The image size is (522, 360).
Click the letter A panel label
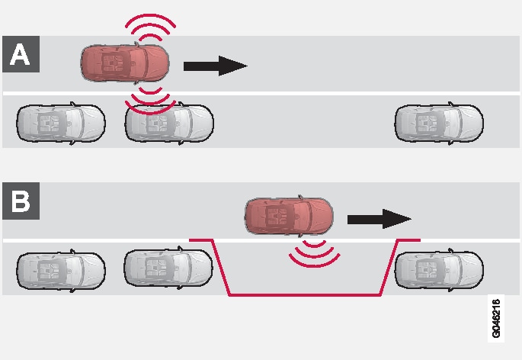tap(20, 54)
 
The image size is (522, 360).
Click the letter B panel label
tap(20, 201)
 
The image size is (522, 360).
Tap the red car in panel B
tap(289, 216)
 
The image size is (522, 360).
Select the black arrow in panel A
tap(216, 66)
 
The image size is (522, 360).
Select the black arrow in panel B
tap(379, 219)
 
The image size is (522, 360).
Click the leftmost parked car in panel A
tap(61, 121)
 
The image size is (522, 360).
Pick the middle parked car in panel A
tap(169, 122)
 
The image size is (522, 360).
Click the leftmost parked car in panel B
tap(61, 268)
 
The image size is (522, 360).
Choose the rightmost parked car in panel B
tap(439, 267)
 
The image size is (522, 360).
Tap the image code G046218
tap(497, 317)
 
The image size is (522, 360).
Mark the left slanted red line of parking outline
tap(220, 267)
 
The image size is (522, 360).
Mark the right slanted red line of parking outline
tap(388, 267)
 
